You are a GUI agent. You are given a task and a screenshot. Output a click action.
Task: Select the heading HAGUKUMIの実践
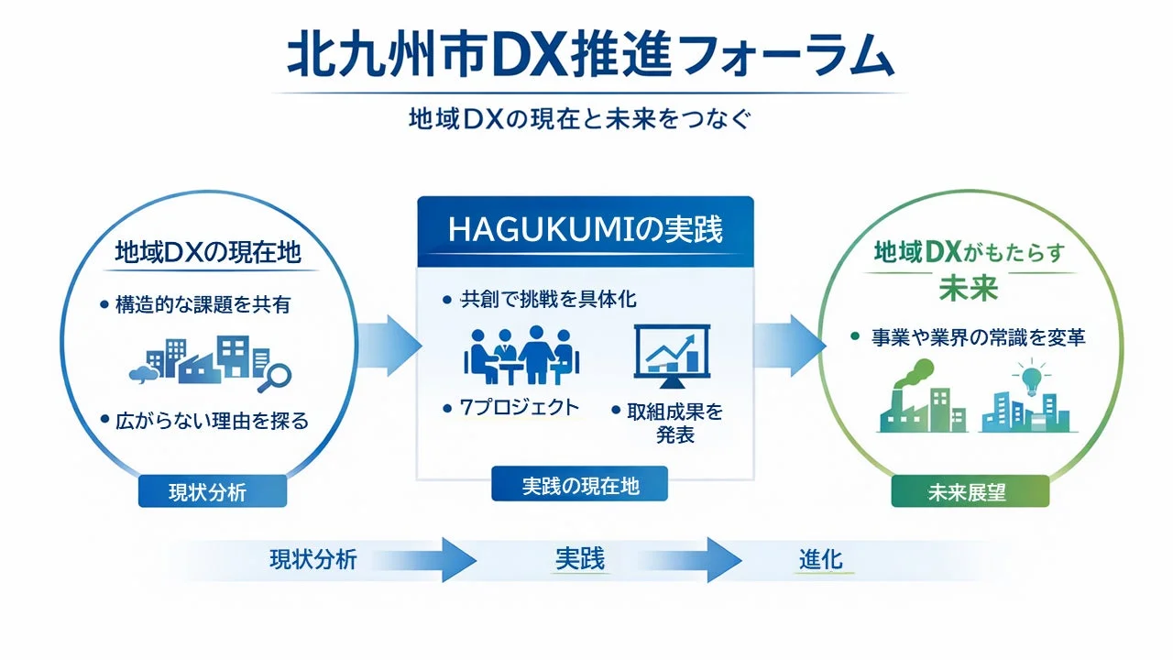585,230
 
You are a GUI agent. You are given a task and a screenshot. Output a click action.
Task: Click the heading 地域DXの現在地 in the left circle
208,253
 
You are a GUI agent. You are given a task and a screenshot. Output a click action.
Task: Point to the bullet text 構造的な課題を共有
203,304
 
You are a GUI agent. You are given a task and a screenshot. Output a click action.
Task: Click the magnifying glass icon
274,374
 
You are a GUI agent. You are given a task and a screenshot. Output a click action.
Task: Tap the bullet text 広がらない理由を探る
213,422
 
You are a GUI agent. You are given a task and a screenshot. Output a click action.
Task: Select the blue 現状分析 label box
212,492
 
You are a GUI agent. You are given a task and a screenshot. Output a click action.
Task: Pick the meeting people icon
519,353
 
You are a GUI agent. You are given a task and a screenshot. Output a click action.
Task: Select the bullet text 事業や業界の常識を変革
979,338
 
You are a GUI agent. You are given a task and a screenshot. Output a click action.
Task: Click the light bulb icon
1030,378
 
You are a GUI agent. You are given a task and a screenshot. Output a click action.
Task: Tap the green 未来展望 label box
970,492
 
